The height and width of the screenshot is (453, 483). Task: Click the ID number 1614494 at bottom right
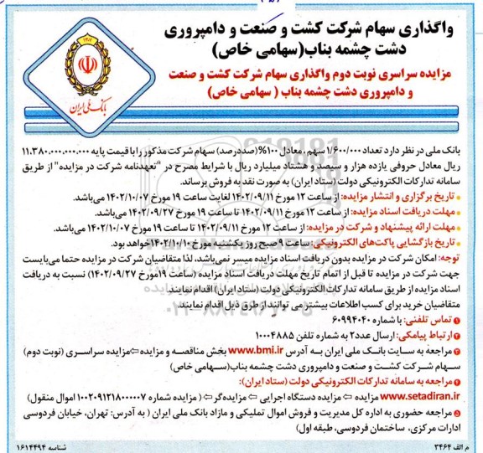433,445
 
